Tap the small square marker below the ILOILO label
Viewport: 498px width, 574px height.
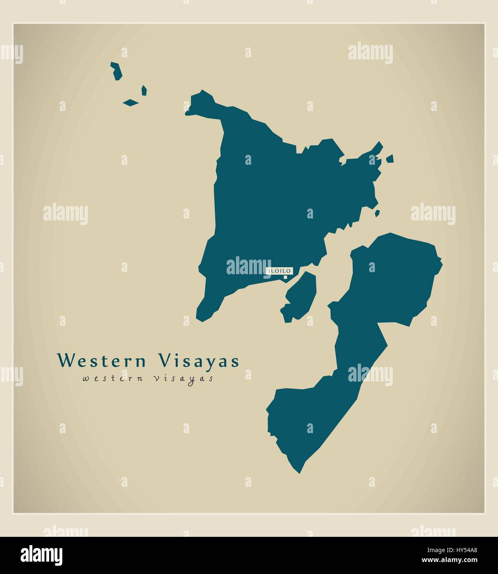coord(285,278)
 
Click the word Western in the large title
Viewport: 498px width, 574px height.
coord(102,360)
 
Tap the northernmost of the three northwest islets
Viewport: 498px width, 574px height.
coord(117,71)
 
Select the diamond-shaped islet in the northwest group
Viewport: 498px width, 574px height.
coord(130,102)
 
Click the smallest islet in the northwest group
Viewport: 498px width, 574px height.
coord(144,90)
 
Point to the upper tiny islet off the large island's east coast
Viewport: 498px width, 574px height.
coord(390,158)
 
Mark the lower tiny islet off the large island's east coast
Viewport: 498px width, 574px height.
coord(377,213)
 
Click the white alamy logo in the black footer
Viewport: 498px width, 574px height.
coord(41,555)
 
